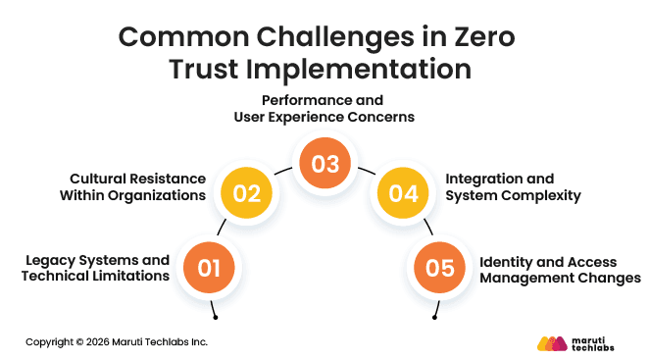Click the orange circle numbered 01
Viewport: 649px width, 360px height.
click(209, 266)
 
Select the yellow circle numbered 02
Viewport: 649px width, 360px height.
click(246, 192)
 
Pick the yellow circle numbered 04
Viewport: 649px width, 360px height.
click(403, 192)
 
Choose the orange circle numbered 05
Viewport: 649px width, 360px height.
click(439, 266)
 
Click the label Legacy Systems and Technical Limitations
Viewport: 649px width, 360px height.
click(97, 268)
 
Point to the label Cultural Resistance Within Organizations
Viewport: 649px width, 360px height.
click(137, 186)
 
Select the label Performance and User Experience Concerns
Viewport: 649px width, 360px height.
click(324, 109)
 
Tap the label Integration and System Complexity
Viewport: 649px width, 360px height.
click(513, 186)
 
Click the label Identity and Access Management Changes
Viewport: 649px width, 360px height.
click(560, 268)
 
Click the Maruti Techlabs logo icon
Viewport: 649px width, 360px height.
click(553, 342)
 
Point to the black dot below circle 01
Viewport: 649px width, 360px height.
click(215, 318)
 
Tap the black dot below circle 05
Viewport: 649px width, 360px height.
click(434, 318)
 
